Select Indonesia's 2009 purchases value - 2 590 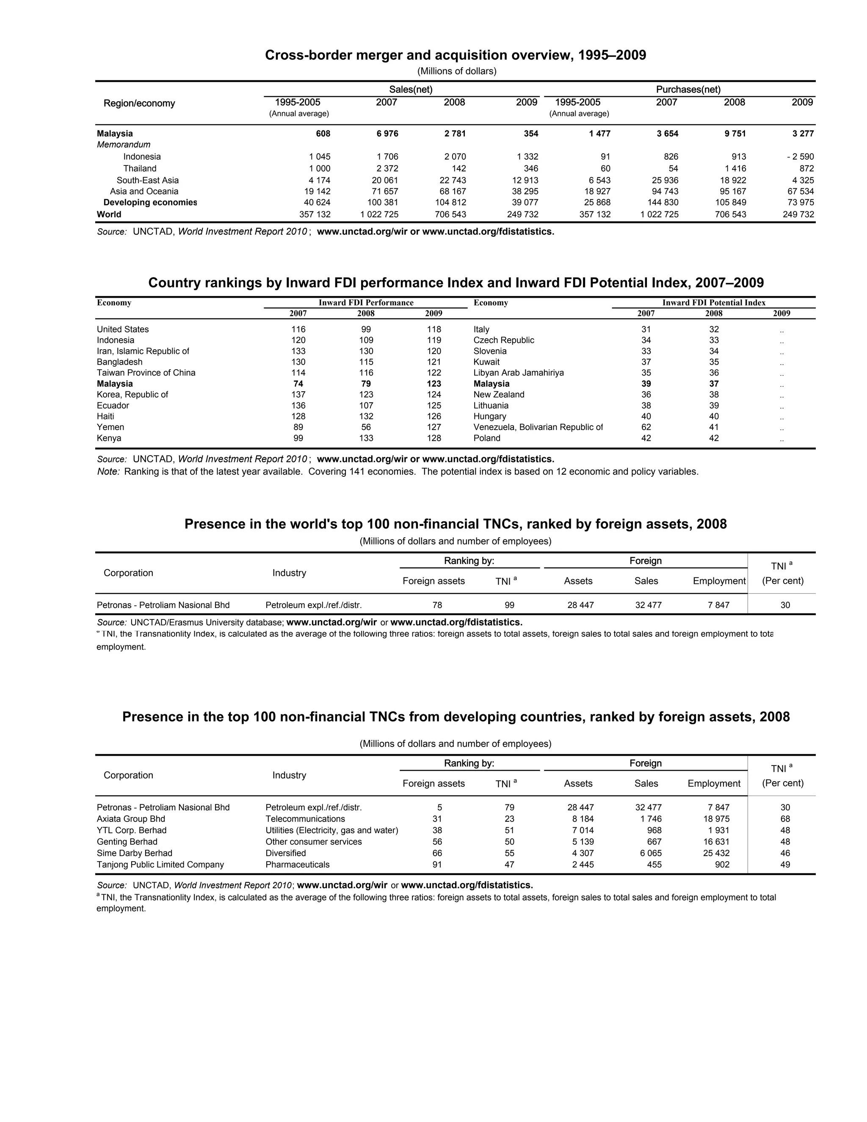800,157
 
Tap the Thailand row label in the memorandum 140,169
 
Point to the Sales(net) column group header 410,89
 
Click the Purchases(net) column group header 688,89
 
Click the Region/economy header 139,103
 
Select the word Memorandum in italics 124,145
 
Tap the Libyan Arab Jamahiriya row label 518,373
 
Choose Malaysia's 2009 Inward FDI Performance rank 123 433,384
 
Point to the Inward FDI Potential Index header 713,303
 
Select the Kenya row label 109,438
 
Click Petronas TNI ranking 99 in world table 509,605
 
